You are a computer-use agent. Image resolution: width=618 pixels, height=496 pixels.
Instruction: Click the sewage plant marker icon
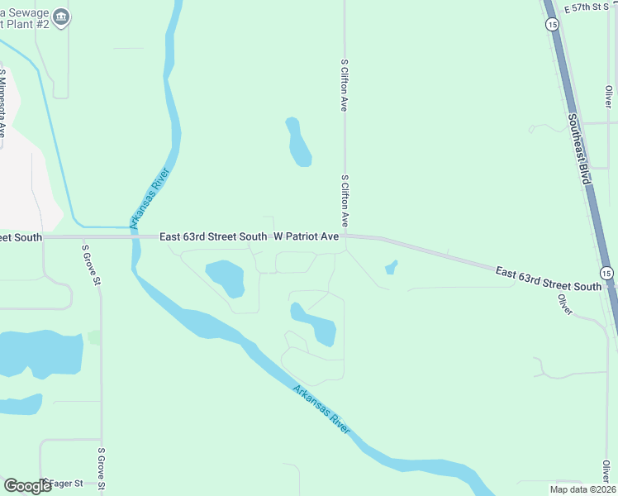(62, 17)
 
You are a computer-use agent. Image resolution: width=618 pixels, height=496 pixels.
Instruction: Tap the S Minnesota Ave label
(3, 103)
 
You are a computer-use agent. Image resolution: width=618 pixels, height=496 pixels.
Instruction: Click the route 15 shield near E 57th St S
(551, 25)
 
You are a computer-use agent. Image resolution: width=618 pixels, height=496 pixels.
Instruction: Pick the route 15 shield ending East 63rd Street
(607, 272)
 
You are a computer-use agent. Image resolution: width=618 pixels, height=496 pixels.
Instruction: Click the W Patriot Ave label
(307, 236)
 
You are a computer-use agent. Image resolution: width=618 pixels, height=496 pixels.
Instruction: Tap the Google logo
(27, 486)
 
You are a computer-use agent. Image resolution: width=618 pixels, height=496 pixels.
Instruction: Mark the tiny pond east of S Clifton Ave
(390, 267)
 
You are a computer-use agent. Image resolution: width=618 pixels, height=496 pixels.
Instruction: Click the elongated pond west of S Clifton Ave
(298, 141)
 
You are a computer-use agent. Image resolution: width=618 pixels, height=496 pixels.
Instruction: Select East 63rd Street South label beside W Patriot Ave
(213, 236)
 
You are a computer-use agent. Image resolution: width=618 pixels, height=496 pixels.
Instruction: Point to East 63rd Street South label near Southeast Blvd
(548, 279)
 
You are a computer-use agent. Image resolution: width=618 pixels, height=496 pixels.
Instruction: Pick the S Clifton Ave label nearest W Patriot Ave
(344, 201)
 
